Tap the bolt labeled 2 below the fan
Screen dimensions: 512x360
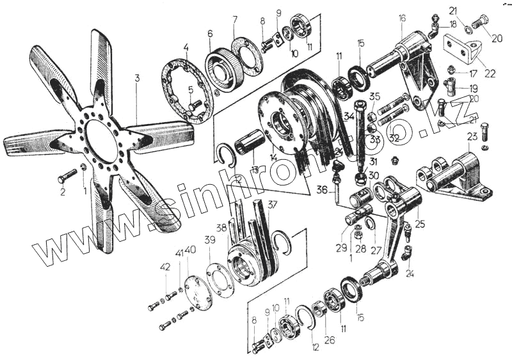[67, 174]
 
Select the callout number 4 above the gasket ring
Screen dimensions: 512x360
[185, 47]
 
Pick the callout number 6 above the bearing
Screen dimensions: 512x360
[209, 33]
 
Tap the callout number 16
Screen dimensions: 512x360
[401, 18]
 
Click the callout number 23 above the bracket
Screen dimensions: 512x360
[472, 136]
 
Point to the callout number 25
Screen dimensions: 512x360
[420, 224]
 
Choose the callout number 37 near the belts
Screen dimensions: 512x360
[273, 204]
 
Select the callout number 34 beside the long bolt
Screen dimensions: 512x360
[349, 116]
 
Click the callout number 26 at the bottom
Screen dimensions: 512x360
[328, 340]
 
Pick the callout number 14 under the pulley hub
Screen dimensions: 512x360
[273, 157]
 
